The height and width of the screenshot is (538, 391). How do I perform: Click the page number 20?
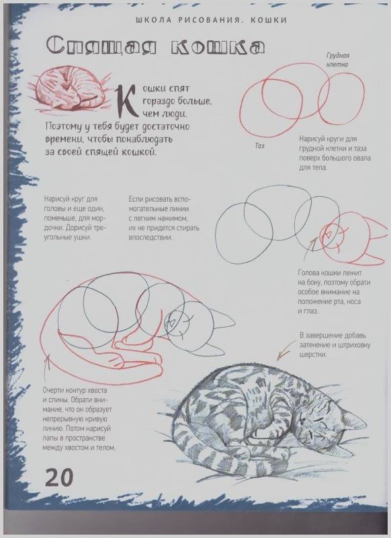pos(59,477)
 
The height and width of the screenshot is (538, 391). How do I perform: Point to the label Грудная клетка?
pos(337,60)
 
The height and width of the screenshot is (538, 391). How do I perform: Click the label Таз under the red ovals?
pos(259,146)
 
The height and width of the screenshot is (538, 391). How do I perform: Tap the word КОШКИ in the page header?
pos(269,20)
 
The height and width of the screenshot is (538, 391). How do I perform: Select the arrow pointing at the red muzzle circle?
pos(310,245)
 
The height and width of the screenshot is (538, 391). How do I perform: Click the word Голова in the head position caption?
pos(308,273)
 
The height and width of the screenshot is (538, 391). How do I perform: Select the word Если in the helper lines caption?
pos(136,199)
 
